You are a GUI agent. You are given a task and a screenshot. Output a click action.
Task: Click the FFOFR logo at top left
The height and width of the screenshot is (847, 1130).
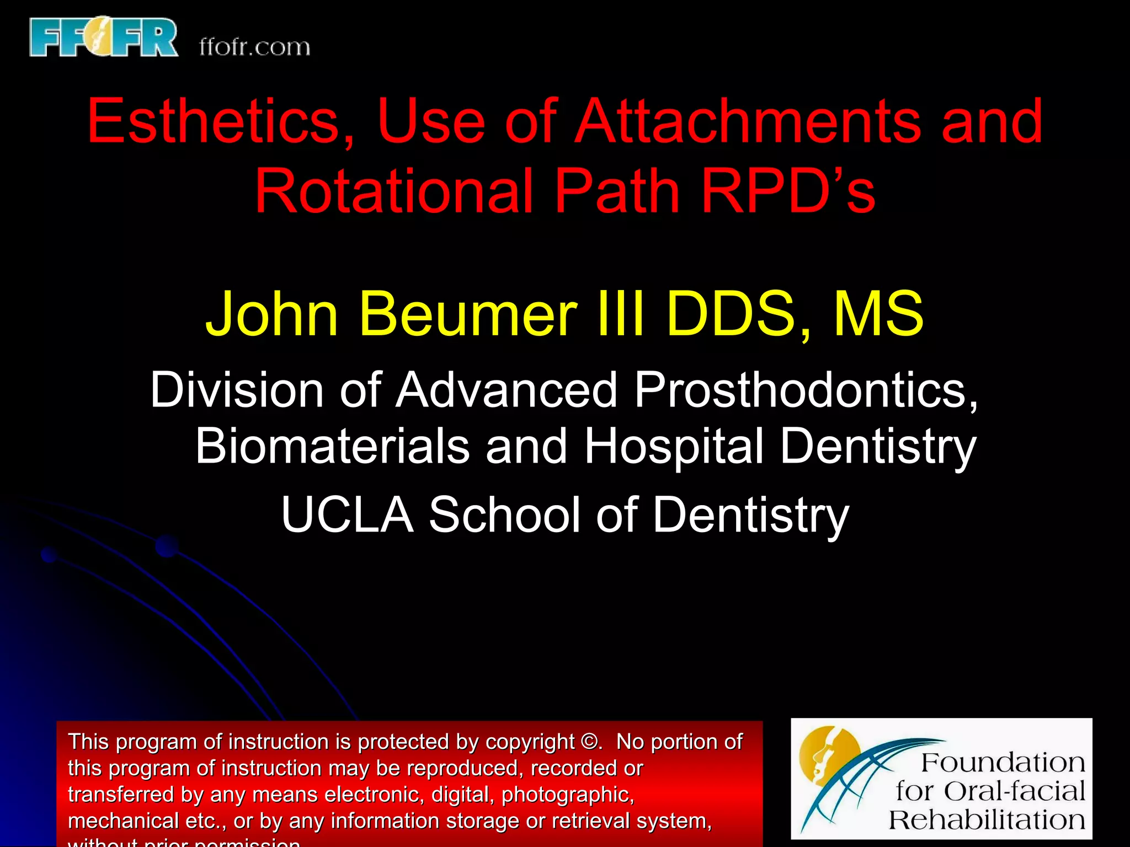[104, 37]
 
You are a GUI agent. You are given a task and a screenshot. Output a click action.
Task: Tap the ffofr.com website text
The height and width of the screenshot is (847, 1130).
[254, 47]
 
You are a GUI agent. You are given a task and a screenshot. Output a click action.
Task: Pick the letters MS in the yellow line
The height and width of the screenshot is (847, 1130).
[878, 314]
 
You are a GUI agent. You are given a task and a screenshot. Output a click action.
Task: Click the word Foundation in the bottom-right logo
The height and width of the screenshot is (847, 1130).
[1003, 763]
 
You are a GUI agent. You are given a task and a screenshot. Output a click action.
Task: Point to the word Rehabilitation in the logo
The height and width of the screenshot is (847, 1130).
[987, 820]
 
